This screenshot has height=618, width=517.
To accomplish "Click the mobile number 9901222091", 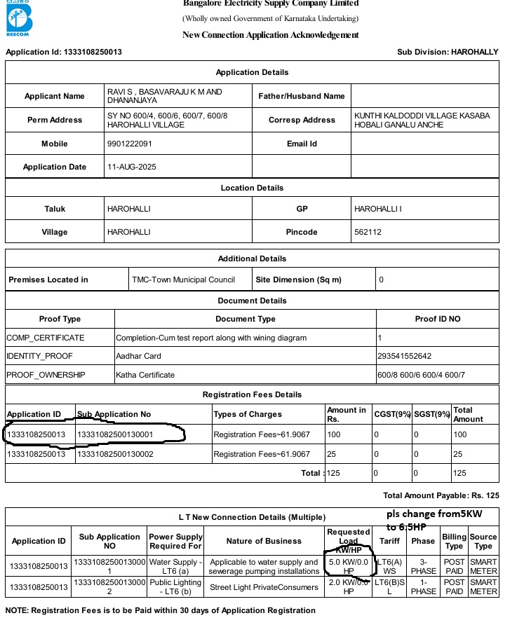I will click(x=129, y=144).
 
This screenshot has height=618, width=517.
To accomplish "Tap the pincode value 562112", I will click(x=368, y=232).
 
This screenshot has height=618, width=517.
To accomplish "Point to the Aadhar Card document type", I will click(x=138, y=356).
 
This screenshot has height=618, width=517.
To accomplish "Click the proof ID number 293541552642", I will click(x=405, y=356).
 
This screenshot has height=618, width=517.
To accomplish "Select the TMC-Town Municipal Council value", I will click(x=183, y=280).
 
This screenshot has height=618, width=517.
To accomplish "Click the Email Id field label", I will click(x=302, y=144).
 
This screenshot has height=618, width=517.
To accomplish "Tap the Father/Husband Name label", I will click(x=302, y=96).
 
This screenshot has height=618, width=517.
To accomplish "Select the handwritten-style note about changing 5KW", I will click(x=443, y=521).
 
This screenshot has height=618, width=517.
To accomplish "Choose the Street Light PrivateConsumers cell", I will click(x=264, y=587).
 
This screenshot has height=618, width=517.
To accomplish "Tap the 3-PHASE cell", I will click(x=424, y=565).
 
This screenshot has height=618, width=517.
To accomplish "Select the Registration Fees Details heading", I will click(x=252, y=394).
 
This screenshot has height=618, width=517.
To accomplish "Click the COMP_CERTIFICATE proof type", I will click(x=45, y=338).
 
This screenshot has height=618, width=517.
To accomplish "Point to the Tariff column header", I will click(x=389, y=541).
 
